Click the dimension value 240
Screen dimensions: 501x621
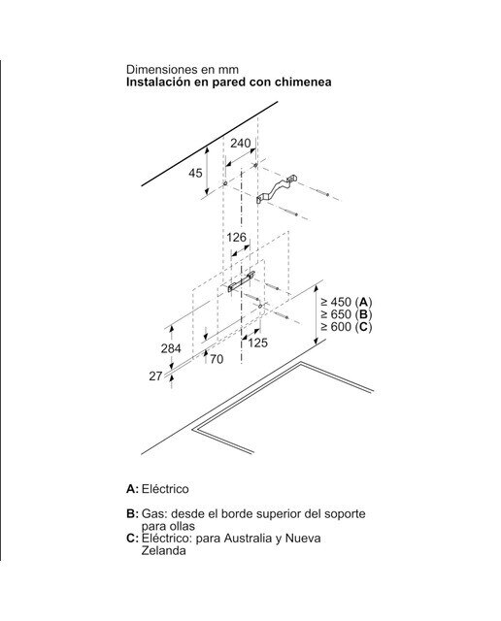[x=241, y=143]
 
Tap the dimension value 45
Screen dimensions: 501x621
[x=195, y=173]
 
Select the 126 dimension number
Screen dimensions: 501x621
[x=236, y=237]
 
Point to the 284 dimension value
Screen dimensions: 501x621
[x=171, y=348]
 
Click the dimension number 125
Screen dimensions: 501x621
[x=257, y=343]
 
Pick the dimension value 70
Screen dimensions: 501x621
[x=217, y=359]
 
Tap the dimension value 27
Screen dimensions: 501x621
[x=155, y=376]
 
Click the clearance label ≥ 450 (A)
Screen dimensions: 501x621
[x=347, y=302]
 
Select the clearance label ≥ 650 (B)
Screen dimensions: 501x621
[x=347, y=314]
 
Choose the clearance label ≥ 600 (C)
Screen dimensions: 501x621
[x=347, y=327]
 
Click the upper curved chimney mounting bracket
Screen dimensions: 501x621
[x=277, y=189]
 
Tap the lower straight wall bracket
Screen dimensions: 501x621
[x=241, y=281]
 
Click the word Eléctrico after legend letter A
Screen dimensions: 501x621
[x=165, y=489]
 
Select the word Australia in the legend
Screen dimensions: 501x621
[x=248, y=539]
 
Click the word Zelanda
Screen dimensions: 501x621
[x=164, y=551]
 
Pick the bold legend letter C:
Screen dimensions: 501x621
[x=132, y=539]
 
